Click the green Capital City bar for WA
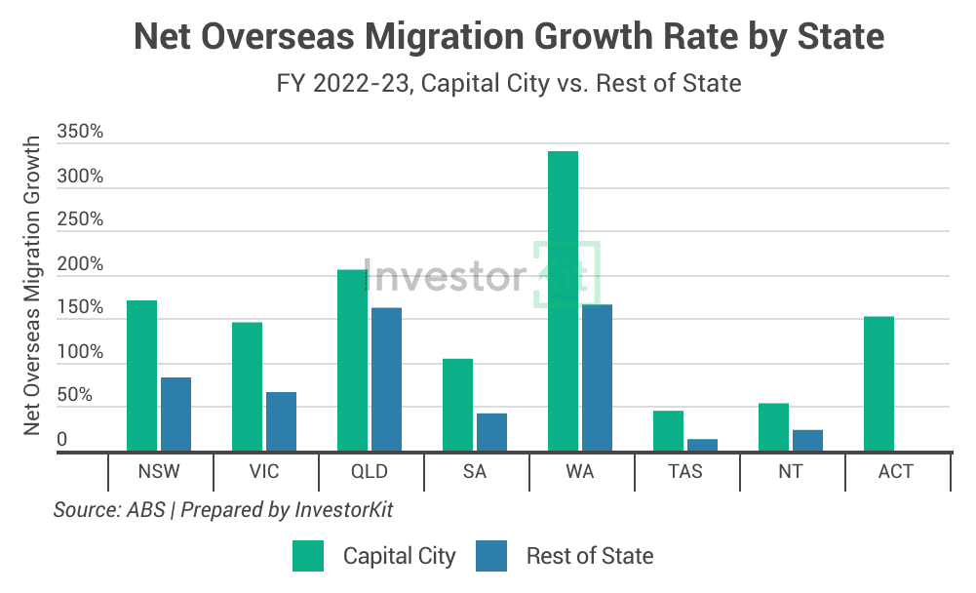click(x=563, y=301)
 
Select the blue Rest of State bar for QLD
click(x=386, y=379)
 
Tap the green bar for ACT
click(x=878, y=383)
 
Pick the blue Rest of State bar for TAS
click(x=702, y=445)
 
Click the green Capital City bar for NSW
click(x=141, y=376)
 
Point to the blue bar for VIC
click(x=281, y=421)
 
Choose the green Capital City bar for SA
click(x=457, y=405)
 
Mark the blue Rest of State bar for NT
click(x=807, y=440)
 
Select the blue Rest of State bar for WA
click(x=597, y=377)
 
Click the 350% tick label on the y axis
click(x=81, y=132)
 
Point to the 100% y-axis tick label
click(x=81, y=352)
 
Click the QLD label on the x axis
click(x=370, y=472)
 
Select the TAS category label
click(x=685, y=472)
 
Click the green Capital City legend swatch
click(x=308, y=556)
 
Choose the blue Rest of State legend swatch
click(x=491, y=556)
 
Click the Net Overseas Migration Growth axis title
click(x=32, y=286)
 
